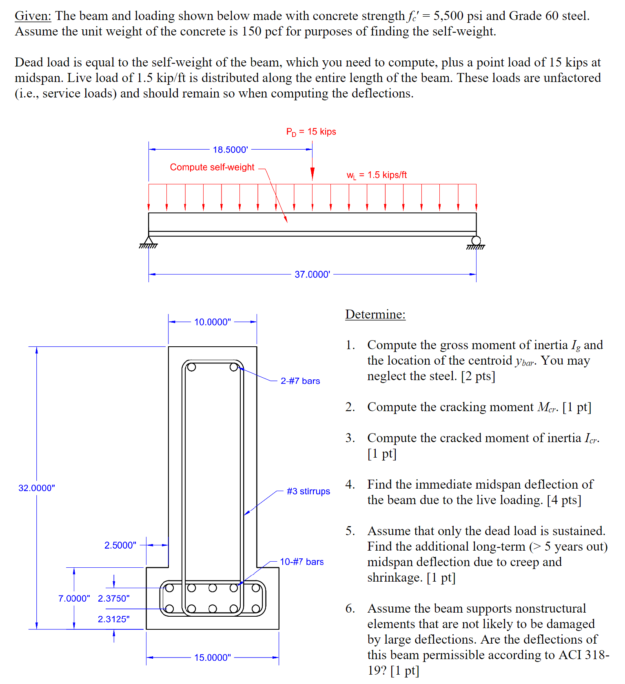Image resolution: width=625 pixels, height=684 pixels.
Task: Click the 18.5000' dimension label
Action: point(230,150)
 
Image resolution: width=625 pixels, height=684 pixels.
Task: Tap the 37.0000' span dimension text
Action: point(312,274)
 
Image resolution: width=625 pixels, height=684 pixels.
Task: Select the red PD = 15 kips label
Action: point(311,132)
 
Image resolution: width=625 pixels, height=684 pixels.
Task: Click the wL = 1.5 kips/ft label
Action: point(377,175)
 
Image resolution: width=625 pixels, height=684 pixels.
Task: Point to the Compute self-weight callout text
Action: point(212,167)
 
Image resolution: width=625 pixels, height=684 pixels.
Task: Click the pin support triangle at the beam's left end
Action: point(148,241)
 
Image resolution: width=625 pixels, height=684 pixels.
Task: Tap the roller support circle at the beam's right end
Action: point(476,241)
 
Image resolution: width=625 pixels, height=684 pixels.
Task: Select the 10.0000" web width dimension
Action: point(212,322)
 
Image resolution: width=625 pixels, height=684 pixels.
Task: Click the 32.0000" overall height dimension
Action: point(37,488)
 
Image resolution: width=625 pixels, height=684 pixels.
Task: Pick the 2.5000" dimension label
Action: point(120,545)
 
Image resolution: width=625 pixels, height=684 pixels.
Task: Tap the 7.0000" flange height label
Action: point(74,598)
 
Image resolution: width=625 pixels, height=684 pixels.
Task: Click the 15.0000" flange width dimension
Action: point(212,657)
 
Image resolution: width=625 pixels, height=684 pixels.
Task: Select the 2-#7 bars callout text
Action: point(300,381)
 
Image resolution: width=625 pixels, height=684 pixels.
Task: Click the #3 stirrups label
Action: point(308,491)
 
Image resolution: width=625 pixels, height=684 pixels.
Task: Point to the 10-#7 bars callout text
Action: point(301,562)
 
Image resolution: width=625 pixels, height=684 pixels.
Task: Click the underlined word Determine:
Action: point(375,314)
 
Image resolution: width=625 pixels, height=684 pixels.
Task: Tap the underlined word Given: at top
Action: point(33,16)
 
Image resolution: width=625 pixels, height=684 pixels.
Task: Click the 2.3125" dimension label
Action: point(113,619)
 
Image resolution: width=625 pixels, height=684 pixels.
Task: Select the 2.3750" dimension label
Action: point(113,598)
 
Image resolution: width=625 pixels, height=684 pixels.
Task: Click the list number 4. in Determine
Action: point(350,484)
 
